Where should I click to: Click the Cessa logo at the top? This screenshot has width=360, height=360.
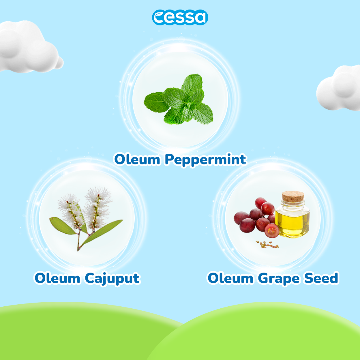click(180, 17)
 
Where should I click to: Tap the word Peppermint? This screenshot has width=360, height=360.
click(205, 160)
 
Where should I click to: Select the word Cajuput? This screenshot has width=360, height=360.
click(112, 279)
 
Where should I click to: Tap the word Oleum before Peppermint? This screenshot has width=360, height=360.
click(137, 159)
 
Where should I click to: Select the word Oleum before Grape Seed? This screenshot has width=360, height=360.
click(230, 278)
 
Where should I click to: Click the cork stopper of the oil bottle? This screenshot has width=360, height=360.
click(293, 196)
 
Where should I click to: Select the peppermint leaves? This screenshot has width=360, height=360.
click(179, 100)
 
